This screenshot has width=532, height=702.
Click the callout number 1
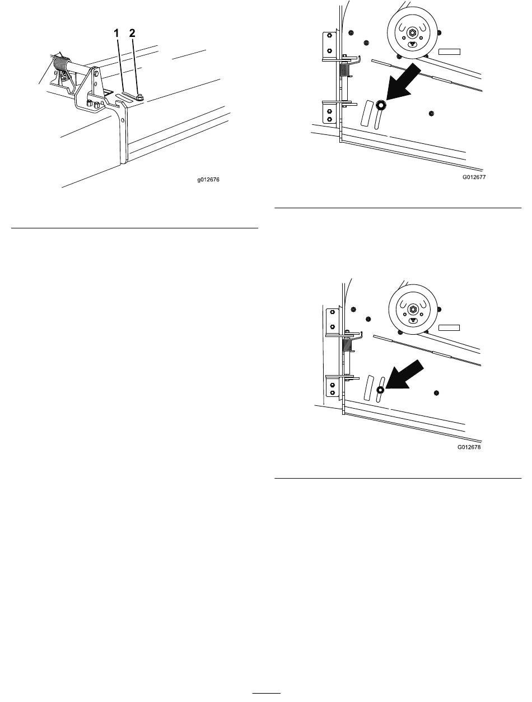pos(116,33)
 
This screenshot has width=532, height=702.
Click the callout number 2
pos(132,33)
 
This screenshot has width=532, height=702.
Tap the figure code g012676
pos(208,180)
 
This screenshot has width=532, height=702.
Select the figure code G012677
pos(474,177)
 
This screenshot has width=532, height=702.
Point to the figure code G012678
pos(469,447)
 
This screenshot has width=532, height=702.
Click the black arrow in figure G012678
pos(405,374)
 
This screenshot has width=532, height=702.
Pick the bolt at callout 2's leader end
pos(139,96)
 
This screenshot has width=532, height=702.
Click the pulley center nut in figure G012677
pos(412,32)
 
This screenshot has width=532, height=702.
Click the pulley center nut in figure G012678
pos(413,309)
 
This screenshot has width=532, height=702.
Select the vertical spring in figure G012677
pos(344,69)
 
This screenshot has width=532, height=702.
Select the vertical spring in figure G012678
pos(347,345)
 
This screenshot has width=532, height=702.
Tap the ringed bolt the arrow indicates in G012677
pos(381,105)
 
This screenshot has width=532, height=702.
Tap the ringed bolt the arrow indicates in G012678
pos(380,390)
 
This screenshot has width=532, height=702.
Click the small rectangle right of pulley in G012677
pos(449,52)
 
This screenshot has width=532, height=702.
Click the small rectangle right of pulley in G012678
pos(449,327)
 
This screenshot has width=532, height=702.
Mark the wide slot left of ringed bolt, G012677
pos(367,113)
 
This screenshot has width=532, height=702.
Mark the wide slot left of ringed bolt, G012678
pos(369,387)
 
